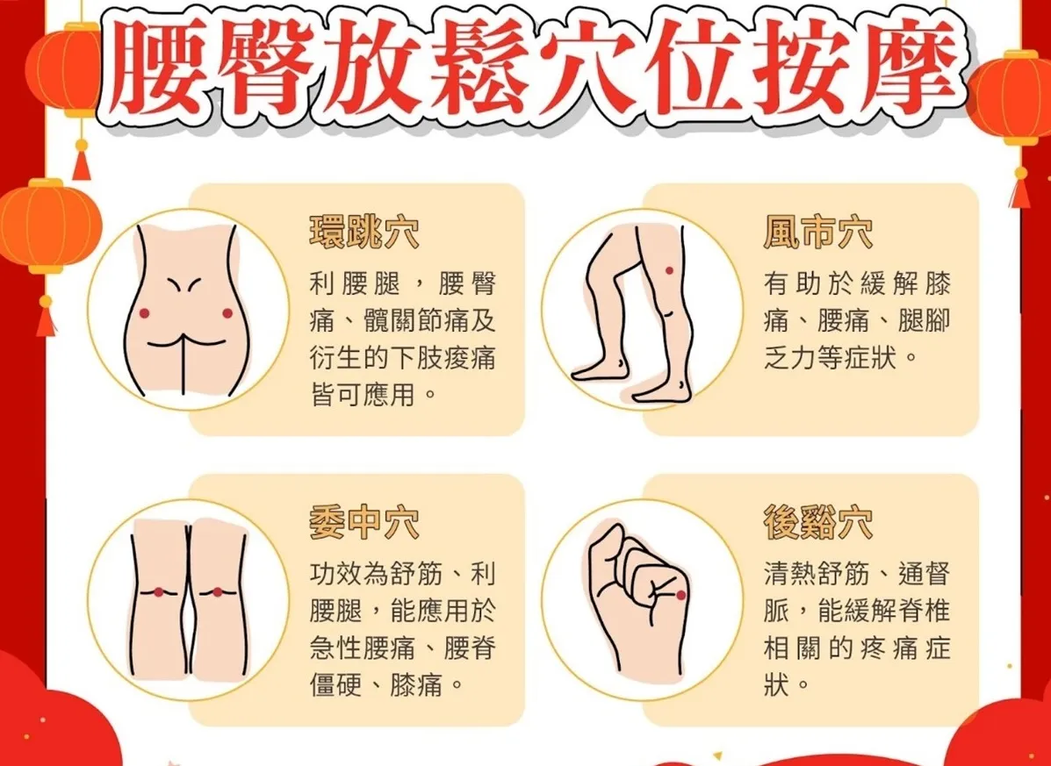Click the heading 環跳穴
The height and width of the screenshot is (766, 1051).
pyautogui.click(x=364, y=233)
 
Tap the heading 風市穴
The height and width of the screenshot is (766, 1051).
pyautogui.click(x=818, y=233)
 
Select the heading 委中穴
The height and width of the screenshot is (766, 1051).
pyautogui.click(x=364, y=523)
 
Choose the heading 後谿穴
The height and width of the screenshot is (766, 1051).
pyautogui.click(x=818, y=523)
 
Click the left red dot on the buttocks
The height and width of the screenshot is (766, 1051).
pyautogui.click(x=144, y=313)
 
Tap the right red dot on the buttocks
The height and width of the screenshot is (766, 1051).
pyautogui.click(x=227, y=313)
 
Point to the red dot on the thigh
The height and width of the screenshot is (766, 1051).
pyautogui.click(x=669, y=270)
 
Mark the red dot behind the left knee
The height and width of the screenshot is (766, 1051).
pyautogui.click(x=158, y=592)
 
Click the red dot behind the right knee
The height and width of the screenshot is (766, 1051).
pyautogui.click(x=217, y=592)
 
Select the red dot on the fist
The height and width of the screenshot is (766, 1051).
pyautogui.click(x=681, y=595)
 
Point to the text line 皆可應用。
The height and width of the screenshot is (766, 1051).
pyautogui.click(x=374, y=395)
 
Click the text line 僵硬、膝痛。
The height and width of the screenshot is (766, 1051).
pyautogui.click(x=387, y=685)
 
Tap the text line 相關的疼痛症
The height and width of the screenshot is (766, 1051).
pyautogui.click(x=857, y=648)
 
